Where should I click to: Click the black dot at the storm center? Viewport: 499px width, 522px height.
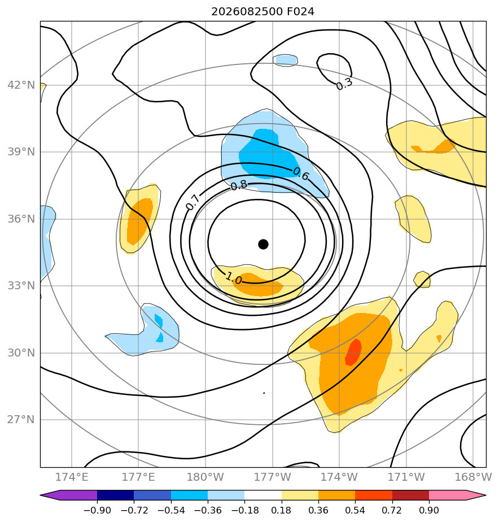(x=263, y=244)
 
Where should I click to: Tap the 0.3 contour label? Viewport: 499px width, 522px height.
(x=344, y=84)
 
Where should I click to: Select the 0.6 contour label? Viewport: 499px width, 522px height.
(x=301, y=174)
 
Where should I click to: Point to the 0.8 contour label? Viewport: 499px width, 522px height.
(x=239, y=185)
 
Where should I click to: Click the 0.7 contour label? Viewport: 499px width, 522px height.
(x=192, y=202)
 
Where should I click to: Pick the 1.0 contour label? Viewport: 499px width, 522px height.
(x=234, y=278)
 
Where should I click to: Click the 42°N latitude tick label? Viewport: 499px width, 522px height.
(x=21, y=85)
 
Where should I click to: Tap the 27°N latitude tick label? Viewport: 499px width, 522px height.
(x=21, y=419)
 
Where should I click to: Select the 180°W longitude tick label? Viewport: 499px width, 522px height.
(x=205, y=477)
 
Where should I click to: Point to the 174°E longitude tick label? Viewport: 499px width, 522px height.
(x=72, y=477)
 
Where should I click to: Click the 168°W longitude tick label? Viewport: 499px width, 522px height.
(x=473, y=477)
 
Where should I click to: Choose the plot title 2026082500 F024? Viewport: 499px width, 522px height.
(x=263, y=12)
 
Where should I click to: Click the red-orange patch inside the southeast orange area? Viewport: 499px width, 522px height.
(x=353, y=352)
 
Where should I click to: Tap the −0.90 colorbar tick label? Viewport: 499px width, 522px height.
(x=97, y=510)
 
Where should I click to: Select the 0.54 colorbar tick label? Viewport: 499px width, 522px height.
(x=355, y=510)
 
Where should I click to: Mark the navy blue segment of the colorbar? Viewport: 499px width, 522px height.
(x=115, y=495)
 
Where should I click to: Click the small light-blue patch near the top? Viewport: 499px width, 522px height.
(x=286, y=60)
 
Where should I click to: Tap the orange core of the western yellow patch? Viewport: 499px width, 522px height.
(x=140, y=220)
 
